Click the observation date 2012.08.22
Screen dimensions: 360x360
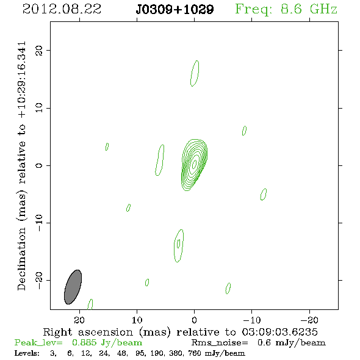click(62, 9)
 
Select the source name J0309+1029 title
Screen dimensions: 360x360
click(175, 10)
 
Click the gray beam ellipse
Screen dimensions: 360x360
click(73, 287)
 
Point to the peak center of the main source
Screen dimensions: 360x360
click(194, 164)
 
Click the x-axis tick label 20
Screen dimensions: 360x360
click(79, 320)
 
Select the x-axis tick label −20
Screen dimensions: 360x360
click(309, 320)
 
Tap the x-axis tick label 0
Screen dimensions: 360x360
click(194, 320)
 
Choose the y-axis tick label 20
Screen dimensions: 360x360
click(39, 50)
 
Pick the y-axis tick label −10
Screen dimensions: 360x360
click(39, 223)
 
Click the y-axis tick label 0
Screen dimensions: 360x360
click(39, 165)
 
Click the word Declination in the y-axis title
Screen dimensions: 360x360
click(21, 259)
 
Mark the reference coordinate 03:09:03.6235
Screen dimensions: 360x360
click(279, 332)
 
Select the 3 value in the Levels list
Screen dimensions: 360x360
click(53, 353)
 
